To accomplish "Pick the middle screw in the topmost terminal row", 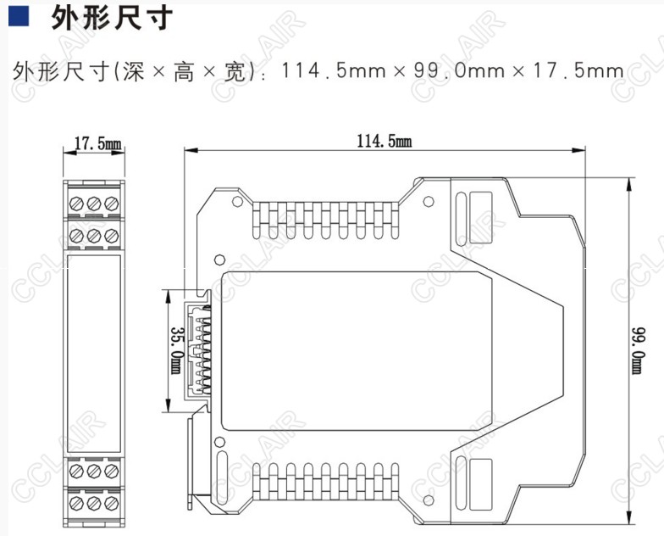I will click(94, 203).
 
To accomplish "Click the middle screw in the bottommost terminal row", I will click(94, 502).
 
